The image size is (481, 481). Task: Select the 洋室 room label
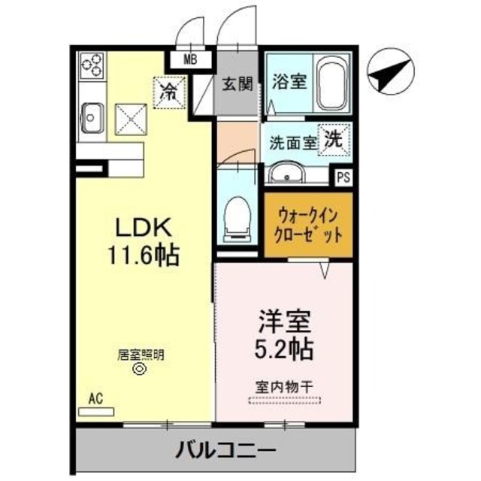coord(283,322)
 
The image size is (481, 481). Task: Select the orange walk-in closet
coord(307,224)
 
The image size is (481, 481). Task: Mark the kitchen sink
coord(92,117)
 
